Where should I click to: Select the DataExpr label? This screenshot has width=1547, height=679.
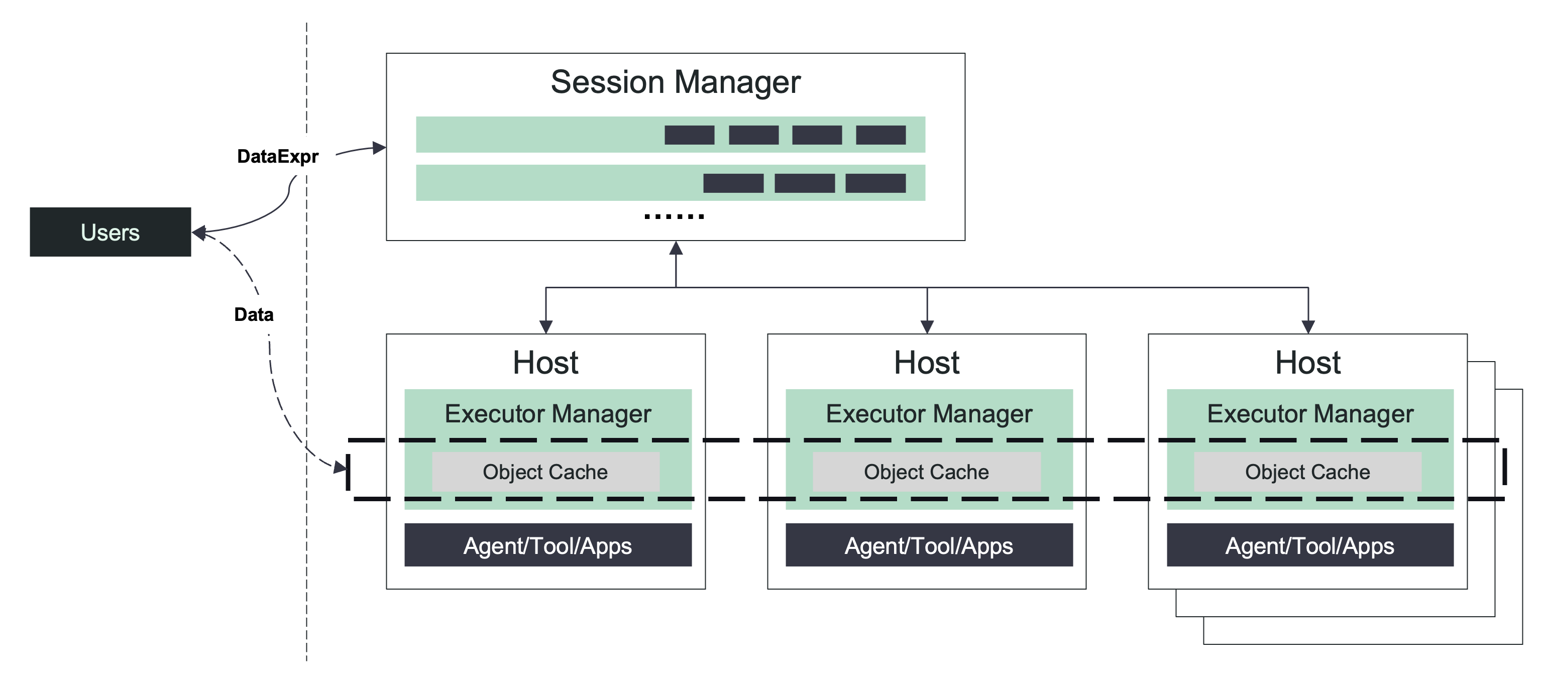(x=277, y=157)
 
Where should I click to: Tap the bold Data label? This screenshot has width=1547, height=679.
(x=254, y=314)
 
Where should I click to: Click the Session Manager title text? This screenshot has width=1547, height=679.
(x=675, y=82)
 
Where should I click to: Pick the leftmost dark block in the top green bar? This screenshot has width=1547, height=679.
(x=689, y=135)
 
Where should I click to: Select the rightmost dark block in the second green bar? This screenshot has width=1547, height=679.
(x=875, y=183)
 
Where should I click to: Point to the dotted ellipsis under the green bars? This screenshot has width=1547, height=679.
(x=674, y=216)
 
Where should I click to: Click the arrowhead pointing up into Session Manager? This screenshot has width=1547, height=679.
(x=676, y=249)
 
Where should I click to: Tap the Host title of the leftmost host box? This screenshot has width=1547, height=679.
(x=545, y=363)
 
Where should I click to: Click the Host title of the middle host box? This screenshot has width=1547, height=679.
(x=926, y=363)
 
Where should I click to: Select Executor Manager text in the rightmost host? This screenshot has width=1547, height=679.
(x=1310, y=414)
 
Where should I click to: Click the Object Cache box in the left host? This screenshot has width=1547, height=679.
(x=545, y=472)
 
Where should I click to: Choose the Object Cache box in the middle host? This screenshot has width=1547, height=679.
(x=926, y=472)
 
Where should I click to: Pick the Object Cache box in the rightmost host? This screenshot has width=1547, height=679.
(x=1307, y=472)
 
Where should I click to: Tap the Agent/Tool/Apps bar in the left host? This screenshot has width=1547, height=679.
(x=547, y=545)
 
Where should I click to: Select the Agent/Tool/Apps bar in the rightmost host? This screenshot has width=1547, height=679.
(x=1310, y=545)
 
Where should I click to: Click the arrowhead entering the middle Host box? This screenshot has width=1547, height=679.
(x=927, y=326)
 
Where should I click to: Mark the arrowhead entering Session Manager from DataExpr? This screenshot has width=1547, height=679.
(x=378, y=148)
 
